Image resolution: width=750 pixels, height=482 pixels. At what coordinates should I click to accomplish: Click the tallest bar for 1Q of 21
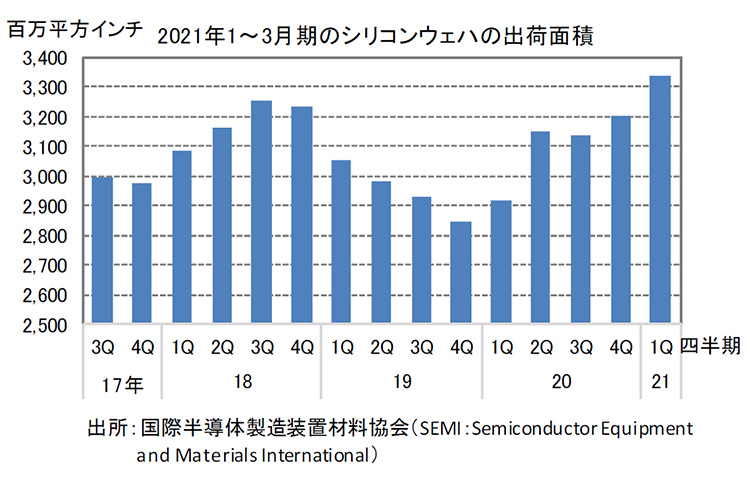click(660, 200)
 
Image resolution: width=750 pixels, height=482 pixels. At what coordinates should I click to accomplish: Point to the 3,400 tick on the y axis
click(44, 58)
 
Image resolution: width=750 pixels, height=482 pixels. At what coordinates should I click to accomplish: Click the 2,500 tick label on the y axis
click(44, 326)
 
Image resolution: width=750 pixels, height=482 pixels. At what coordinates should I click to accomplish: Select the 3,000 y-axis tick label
click(44, 177)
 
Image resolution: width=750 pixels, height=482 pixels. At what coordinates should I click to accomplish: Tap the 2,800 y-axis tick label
click(44, 237)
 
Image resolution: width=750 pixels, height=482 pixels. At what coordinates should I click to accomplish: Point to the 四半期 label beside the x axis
click(710, 347)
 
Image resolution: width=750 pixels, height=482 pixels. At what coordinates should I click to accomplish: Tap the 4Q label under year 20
click(620, 348)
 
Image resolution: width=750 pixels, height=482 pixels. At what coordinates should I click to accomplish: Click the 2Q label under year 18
click(222, 348)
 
